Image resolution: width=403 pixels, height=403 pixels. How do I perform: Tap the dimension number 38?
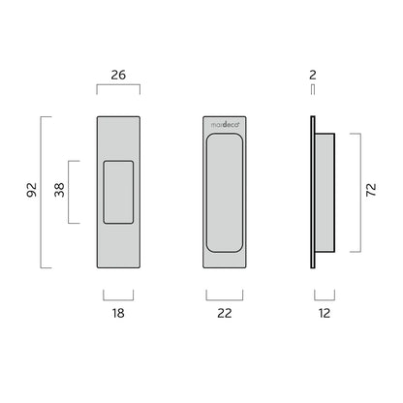[59, 192]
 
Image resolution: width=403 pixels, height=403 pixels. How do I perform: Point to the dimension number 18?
[118, 313]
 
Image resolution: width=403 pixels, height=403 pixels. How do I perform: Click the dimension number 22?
[225, 313]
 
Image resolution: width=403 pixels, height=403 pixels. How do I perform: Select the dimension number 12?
[325, 313]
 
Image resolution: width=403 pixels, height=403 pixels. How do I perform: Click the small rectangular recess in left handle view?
[118, 192]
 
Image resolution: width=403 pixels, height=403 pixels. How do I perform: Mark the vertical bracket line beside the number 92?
[41, 192]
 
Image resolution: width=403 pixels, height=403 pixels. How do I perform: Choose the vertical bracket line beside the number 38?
[70, 192]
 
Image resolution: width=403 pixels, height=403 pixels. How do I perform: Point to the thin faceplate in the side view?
[311, 192]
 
